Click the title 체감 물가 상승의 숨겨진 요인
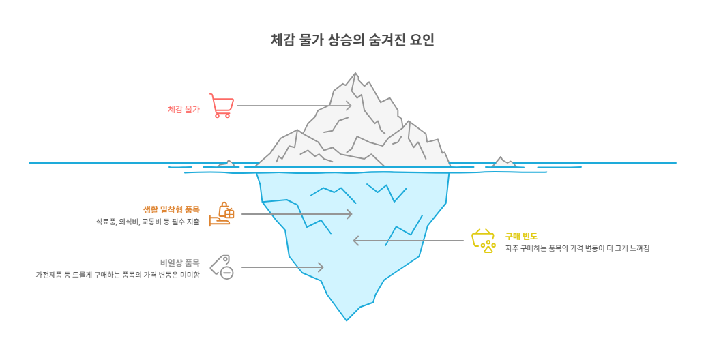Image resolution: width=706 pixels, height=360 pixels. point(352,40)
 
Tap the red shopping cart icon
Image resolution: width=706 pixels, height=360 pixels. point(222,106)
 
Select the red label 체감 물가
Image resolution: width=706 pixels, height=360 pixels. point(183,109)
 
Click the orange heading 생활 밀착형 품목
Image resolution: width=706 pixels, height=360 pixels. point(171,209)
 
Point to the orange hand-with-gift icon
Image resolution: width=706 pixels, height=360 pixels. point(222,214)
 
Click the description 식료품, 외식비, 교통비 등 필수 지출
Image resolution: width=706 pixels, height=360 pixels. point(148,222)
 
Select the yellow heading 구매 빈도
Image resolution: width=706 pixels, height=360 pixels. point(521,236)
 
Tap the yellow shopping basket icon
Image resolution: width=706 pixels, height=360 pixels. point(484,241)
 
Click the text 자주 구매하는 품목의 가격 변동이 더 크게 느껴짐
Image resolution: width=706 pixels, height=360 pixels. point(577,248)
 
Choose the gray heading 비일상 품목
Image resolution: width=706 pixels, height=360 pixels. point(180,262)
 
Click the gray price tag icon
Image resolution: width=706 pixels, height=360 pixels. point(222,267)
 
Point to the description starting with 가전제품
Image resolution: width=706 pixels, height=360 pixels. point(118,274)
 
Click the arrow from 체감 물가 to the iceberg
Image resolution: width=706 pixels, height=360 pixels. point(293,106)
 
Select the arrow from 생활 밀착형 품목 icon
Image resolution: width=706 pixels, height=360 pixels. point(297,214)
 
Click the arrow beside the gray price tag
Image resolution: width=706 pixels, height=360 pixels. point(282,267)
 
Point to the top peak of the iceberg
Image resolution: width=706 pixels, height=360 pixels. point(355,74)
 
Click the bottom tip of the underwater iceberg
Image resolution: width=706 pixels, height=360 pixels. point(347,319)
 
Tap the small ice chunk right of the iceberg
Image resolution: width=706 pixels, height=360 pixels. point(503,162)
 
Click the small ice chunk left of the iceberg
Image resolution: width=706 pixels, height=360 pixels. point(226,164)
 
